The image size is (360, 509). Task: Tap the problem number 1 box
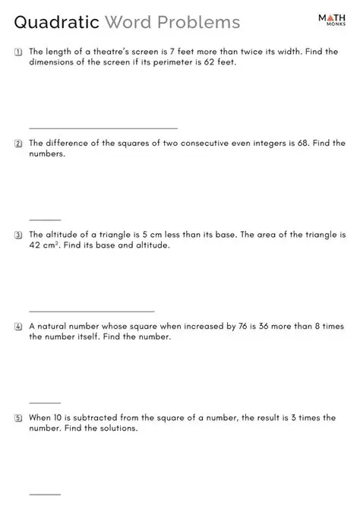click(17, 52)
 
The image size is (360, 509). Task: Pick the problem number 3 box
click(17, 235)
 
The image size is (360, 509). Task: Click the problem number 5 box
click(17, 418)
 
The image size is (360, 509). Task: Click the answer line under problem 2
click(45, 220)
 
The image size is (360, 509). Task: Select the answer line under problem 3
click(91, 311)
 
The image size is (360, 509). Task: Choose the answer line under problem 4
click(45, 403)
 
